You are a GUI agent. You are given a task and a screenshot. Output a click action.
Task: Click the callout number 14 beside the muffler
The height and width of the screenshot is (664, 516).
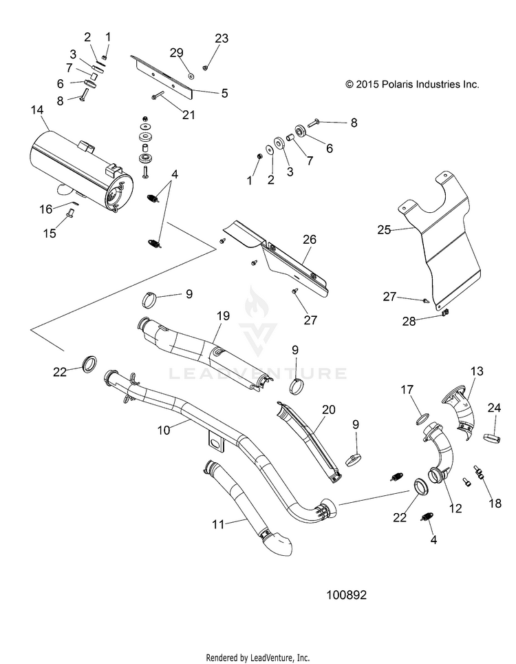37,110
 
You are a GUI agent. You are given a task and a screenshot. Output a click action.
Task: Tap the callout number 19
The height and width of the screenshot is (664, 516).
222,315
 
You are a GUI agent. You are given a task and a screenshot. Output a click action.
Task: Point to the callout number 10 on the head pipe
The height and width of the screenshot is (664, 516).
164,429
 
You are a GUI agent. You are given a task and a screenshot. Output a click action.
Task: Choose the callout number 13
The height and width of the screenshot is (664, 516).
477,371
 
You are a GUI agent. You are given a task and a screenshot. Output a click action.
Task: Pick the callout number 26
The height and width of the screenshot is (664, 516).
310,239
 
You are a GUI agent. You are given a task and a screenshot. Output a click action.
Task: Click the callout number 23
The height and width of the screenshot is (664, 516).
222,39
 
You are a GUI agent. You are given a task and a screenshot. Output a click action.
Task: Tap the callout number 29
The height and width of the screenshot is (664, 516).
177,53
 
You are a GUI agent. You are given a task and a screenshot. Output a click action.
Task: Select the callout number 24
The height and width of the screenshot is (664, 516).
494,408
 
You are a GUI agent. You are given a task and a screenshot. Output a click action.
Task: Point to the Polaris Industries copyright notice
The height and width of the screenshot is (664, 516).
412,85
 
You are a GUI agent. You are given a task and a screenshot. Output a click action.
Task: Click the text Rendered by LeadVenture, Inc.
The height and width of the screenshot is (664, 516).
258,657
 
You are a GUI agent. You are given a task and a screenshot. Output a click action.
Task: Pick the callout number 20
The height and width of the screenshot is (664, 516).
328,409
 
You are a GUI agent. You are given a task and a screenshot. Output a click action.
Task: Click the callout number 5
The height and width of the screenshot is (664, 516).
224,92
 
